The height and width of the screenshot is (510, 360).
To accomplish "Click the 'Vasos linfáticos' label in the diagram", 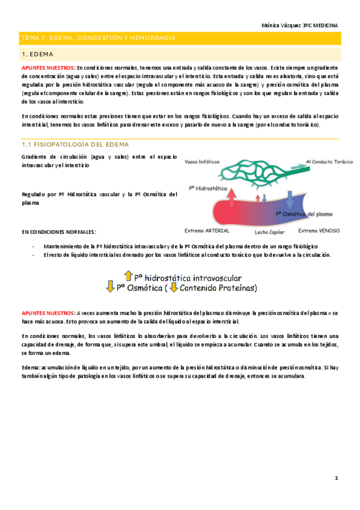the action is (x=201, y=161).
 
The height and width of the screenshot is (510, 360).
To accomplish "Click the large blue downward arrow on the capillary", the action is (x=290, y=198).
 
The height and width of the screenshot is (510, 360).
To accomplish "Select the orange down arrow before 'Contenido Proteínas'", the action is (x=174, y=287).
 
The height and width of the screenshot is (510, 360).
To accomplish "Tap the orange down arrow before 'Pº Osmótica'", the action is (x=110, y=287).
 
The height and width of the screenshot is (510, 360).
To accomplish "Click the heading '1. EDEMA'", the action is (x=37, y=55).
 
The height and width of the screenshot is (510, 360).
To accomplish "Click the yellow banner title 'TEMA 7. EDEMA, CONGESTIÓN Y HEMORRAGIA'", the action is (x=99, y=38).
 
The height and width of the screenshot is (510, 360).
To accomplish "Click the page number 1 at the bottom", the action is (x=337, y=478).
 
